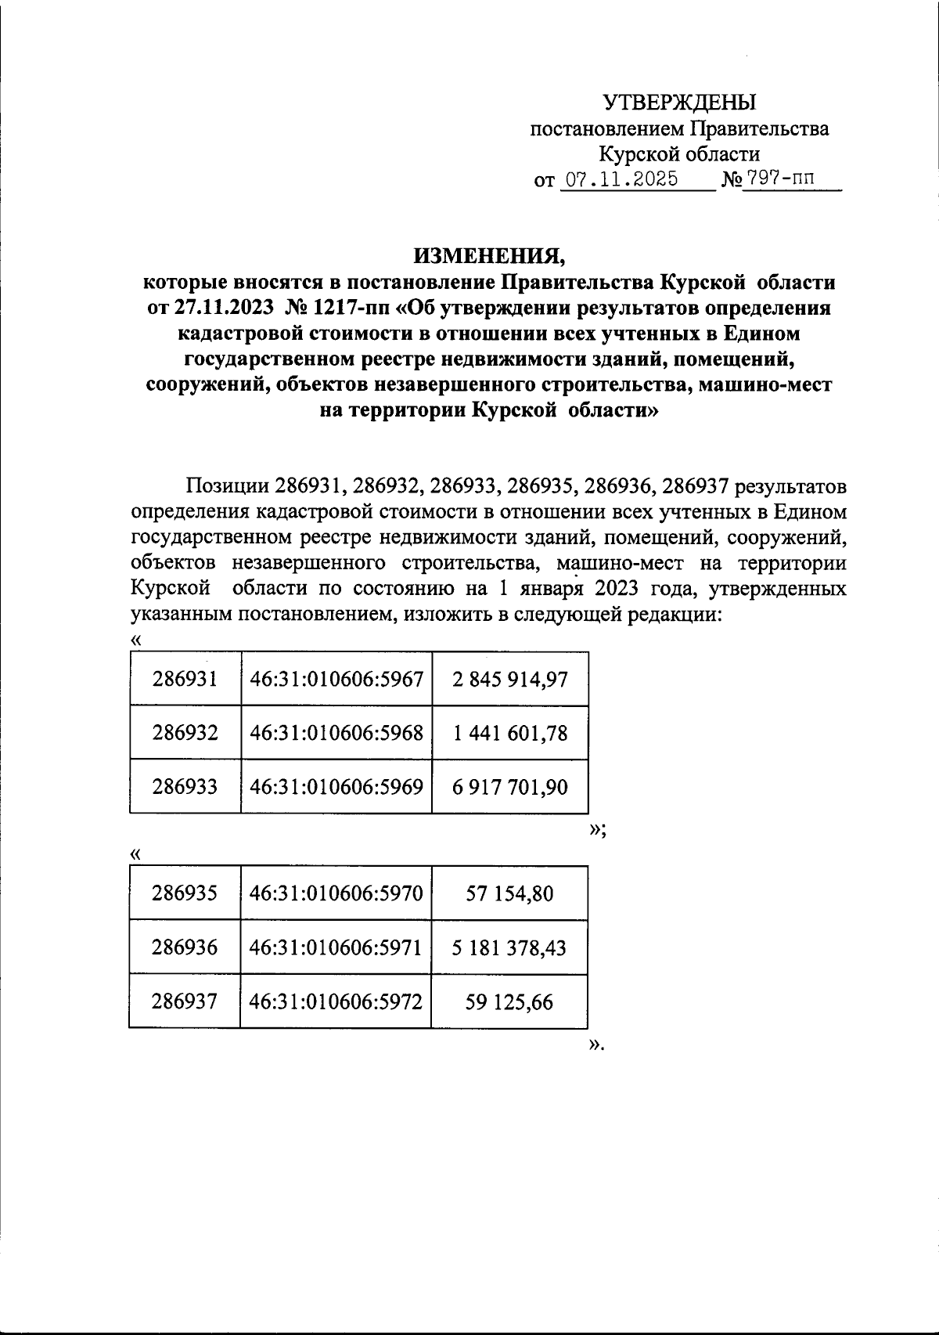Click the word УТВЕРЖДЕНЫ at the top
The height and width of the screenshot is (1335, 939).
coord(679,103)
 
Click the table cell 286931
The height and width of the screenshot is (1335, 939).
coord(185,679)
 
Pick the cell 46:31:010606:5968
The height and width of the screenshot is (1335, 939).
coord(336,733)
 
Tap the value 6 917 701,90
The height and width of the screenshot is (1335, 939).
coord(509,787)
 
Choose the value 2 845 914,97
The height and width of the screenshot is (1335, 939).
coord(509,679)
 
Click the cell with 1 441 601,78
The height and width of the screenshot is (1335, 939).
coord(509,733)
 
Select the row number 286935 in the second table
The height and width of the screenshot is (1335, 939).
coord(185,893)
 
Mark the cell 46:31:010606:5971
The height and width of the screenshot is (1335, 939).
coord(336,947)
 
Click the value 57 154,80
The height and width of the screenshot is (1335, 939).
coord(509,893)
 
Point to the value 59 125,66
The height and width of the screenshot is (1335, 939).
coord(509,1001)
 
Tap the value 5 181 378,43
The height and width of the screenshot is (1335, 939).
coord(509,947)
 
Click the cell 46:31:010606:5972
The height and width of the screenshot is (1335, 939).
coord(336,1001)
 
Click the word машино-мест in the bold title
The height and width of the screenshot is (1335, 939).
coord(766,384)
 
